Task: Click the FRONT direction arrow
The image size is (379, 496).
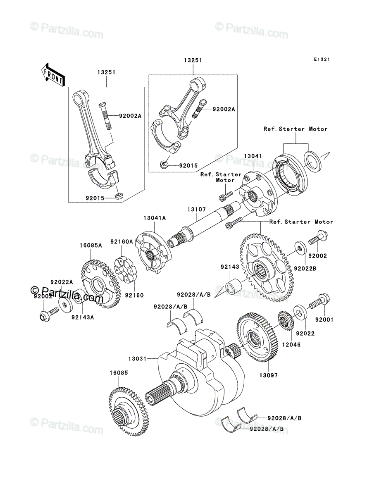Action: pyautogui.click(x=53, y=75)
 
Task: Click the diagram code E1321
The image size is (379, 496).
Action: pyautogui.click(x=322, y=60)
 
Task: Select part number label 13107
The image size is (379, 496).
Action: pyautogui.click(x=196, y=210)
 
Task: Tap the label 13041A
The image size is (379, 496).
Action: pyautogui.click(x=155, y=218)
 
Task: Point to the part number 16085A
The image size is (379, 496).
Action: pyautogui.click(x=91, y=246)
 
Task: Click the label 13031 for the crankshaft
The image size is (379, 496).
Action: pyautogui.click(x=138, y=359)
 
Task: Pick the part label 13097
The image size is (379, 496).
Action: pyautogui.click(x=268, y=375)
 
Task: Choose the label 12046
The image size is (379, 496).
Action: pyautogui.click(x=291, y=345)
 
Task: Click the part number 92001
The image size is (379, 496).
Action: pyautogui.click(x=324, y=320)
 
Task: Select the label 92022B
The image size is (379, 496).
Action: pyautogui.click(x=305, y=269)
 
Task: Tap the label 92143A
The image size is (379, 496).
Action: pyautogui.click(x=83, y=317)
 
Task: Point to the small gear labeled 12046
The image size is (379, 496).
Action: pyautogui.click(x=286, y=320)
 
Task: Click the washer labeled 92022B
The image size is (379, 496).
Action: pyautogui.click(x=301, y=248)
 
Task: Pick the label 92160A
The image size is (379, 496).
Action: pyautogui.click(x=122, y=241)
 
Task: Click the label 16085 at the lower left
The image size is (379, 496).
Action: pyautogui.click(x=119, y=373)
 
